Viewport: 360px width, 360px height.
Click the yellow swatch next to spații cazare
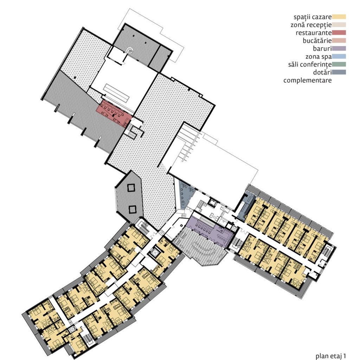pos(339,17)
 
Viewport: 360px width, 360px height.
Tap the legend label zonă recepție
pos(311,25)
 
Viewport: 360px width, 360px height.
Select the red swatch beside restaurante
pos(339,33)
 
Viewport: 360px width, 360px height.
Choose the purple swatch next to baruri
pos(339,49)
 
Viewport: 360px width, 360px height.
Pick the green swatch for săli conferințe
pos(339,64)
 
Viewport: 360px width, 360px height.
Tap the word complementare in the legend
pos(308,80)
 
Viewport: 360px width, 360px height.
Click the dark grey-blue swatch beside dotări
pos(339,72)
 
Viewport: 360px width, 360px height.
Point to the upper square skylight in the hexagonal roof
pos(131,188)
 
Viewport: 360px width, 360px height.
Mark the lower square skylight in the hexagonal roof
pos(132,210)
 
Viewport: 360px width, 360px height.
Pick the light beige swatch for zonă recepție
pos(339,25)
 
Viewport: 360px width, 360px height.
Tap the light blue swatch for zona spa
pos(339,56)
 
